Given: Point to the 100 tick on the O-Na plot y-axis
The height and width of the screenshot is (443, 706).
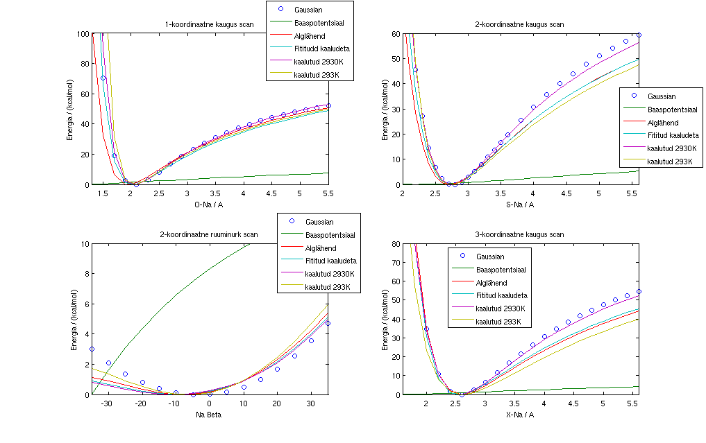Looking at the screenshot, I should coord(83,33).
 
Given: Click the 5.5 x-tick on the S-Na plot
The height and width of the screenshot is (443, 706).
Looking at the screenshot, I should coord(632,193).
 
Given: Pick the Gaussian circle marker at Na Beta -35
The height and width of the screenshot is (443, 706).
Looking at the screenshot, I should coord(92,349).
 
